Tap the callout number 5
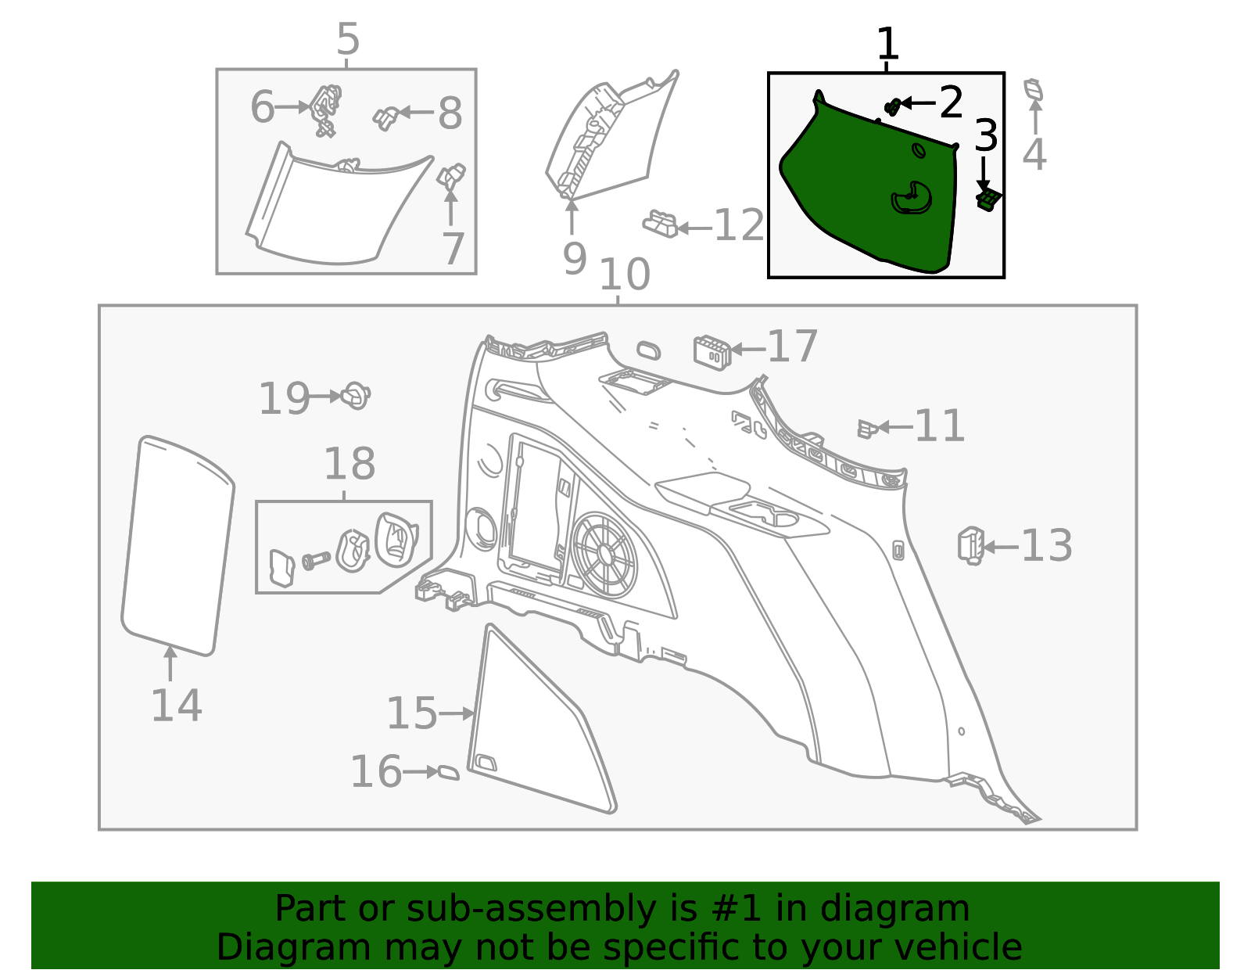pyautogui.click(x=348, y=38)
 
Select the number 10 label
pyautogui.click(x=625, y=274)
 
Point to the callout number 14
pyautogui.click(x=176, y=706)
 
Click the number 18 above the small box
pyautogui.click(x=349, y=463)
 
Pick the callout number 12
pyautogui.click(x=739, y=225)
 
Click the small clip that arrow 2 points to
pyautogui.click(x=892, y=107)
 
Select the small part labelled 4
pyautogui.click(x=1034, y=90)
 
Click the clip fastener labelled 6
pyautogui.click(x=326, y=110)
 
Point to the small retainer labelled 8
pyautogui.click(x=386, y=119)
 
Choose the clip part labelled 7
pyautogui.click(x=451, y=176)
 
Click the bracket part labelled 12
pyautogui.click(x=661, y=224)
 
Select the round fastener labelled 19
pyautogui.click(x=355, y=396)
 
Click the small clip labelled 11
pyautogui.click(x=868, y=429)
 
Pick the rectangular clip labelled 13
pyautogui.click(x=971, y=546)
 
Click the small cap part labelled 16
pyautogui.click(x=449, y=772)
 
